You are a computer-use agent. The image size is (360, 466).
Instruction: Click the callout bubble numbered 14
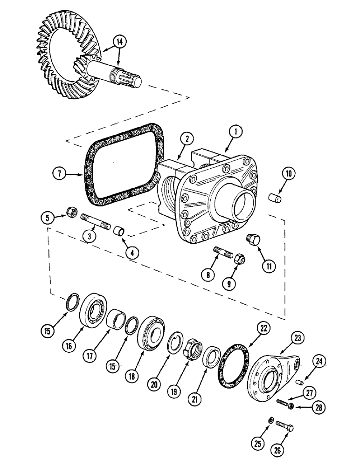click(x=120, y=41)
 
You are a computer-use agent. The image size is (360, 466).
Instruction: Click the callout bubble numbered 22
click(x=263, y=329)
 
